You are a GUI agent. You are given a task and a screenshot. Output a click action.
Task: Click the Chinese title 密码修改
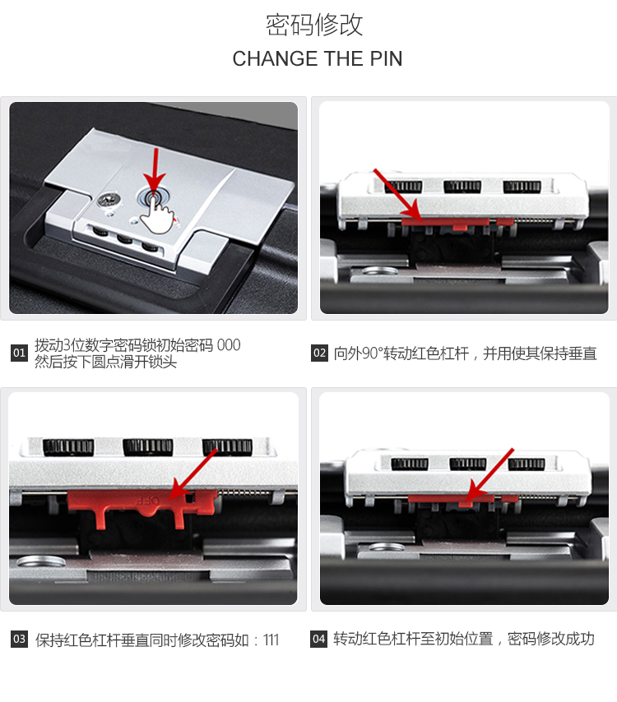coord(314,25)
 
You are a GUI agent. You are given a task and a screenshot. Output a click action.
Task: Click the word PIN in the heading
coord(386,59)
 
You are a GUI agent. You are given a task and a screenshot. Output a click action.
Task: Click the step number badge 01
coord(19,353)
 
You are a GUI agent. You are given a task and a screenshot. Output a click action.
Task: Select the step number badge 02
coord(319,353)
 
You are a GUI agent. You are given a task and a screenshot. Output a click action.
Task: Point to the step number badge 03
coord(19,639)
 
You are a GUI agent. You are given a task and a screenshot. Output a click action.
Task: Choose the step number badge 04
coord(318,639)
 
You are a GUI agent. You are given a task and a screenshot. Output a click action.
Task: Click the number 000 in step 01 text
coord(229,345)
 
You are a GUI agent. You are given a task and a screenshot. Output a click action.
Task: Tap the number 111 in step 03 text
coord(271,640)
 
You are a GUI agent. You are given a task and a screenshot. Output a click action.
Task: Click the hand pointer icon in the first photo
coord(156,215)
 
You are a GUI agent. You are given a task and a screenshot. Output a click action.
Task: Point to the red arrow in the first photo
coord(155,173)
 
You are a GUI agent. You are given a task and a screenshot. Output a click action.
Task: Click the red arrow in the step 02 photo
coord(397,195)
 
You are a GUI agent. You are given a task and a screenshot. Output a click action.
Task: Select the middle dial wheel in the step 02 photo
coord(462,187)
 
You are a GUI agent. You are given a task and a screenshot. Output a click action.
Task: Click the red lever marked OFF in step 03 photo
coord(142,506)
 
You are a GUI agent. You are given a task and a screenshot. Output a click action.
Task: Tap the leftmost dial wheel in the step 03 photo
coord(68,447)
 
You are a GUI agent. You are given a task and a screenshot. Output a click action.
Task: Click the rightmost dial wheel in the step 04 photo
coord(526,464)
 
